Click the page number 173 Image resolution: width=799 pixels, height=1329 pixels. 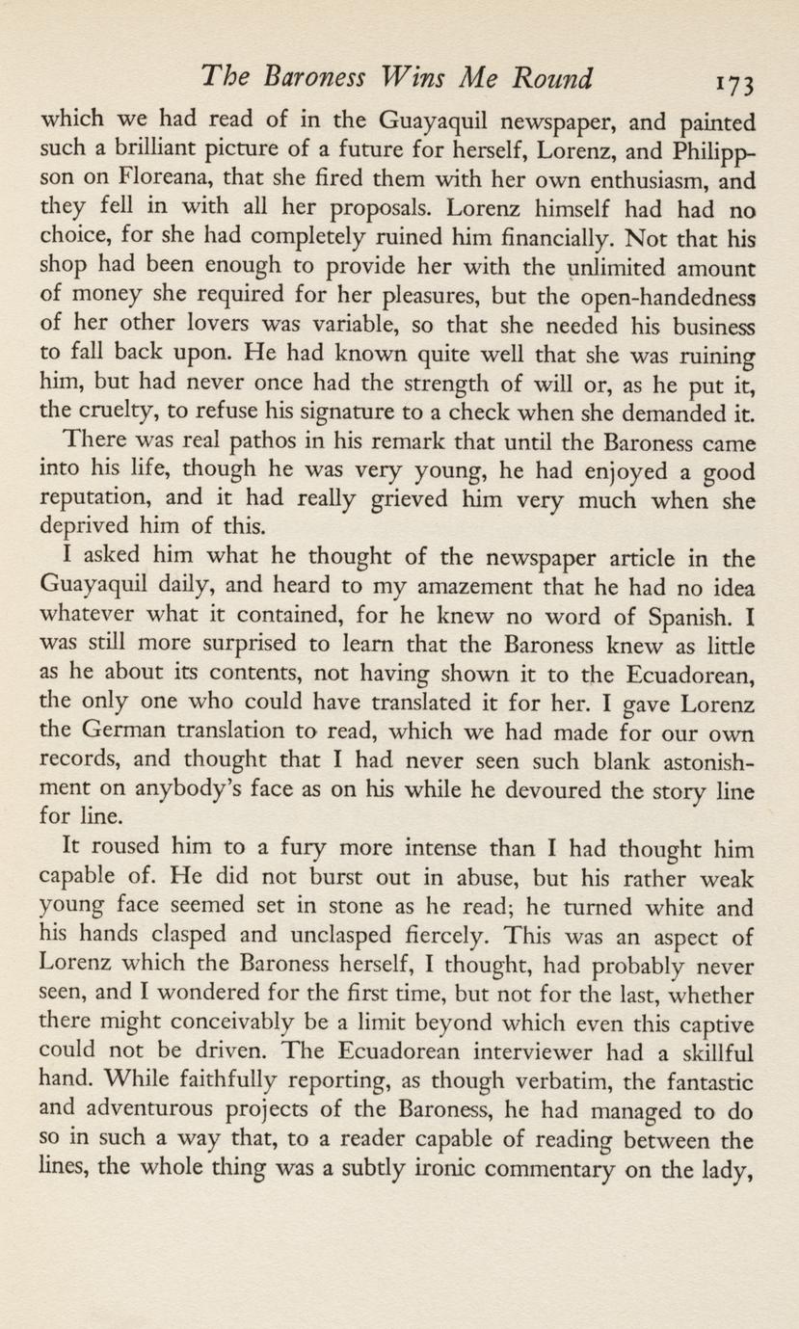732,79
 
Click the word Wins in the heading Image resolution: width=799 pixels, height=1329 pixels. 408,76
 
